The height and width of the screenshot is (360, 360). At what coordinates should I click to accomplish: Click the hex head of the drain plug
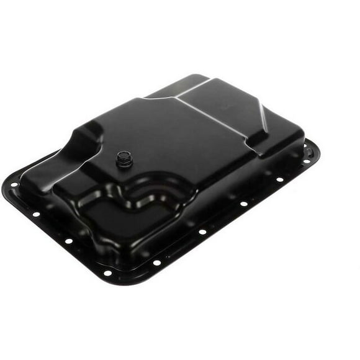pos(122,158)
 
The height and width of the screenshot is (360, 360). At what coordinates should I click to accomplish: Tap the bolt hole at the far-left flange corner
pos(14,184)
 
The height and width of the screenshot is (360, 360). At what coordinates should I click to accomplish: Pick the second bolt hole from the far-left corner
pos(36,214)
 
